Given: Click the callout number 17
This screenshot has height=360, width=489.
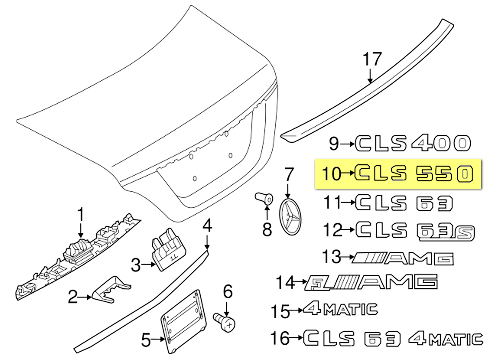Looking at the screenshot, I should click(x=372, y=59).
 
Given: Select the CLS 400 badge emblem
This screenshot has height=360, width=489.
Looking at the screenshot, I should click(x=413, y=143).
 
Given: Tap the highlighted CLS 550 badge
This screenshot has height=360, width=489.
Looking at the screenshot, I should click(x=413, y=173).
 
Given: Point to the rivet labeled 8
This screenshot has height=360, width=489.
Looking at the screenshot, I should click(x=264, y=199).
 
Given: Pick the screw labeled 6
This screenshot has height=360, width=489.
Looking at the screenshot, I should click(x=225, y=322).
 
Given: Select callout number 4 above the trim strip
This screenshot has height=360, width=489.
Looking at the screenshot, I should click(x=207, y=226).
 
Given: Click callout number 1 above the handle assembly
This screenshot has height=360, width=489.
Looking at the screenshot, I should click(x=81, y=214).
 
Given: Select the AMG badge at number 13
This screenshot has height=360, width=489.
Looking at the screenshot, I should click(x=402, y=258).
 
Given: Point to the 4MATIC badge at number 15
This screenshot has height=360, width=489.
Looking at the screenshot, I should click(x=340, y=309).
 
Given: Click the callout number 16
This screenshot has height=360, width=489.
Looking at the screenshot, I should click(x=280, y=338).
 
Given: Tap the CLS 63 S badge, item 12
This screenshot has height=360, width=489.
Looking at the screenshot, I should click(x=415, y=231).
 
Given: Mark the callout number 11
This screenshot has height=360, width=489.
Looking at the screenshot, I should click(x=332, y=202).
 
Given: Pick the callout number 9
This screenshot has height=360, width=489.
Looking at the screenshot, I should click(x=334, y=143).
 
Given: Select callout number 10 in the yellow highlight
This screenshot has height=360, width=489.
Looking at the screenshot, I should click(x=331, y=174).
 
